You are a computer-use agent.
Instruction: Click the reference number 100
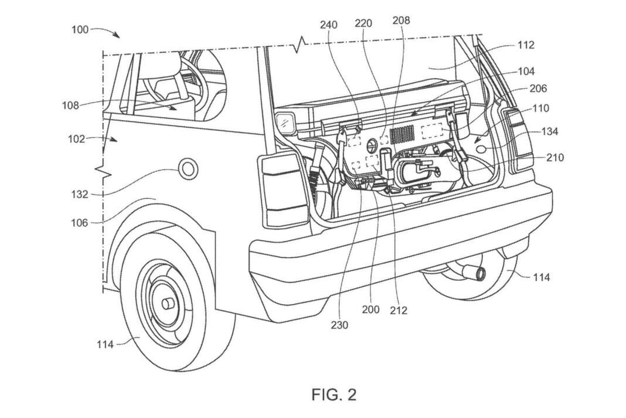click(80, 30)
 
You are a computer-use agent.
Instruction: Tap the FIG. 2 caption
click(334, 395)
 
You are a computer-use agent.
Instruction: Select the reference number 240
click(329, 25)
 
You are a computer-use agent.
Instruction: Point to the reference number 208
click(401, 20)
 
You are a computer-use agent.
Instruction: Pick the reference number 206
click(538, 88)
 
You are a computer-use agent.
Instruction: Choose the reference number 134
click(549, 131)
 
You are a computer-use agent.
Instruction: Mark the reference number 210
click(555, 158)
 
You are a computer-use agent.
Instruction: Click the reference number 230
click(339, 325)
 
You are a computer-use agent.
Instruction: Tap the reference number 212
click(399, 310)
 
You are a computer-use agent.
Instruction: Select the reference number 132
click(80, 195)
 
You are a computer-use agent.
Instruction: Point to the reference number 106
click(80, 223)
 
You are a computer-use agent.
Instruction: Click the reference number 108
click(70, 106)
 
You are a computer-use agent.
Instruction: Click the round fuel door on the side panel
click(188, 169)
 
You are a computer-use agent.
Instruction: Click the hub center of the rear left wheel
click(167, 304)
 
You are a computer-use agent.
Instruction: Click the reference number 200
click(370, 310)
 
